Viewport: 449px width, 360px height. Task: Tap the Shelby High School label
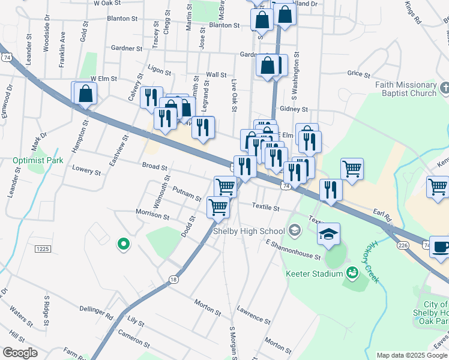[x=249, y=231]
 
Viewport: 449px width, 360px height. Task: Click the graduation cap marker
[x=328, y=235]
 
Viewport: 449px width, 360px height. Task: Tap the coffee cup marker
[x=441, y=247]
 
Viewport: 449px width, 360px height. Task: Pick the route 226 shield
[x=403, y=244]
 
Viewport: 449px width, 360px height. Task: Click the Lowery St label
[x=86, y=171]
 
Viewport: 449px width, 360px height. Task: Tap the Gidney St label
[x=294, y=109]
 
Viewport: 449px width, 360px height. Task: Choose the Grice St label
[x=358, y=74]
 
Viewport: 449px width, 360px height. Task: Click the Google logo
[x=20, y=353]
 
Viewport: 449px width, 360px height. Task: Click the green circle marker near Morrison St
[x=123, y=244]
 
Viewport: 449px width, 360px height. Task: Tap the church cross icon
[x=444, y=89]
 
